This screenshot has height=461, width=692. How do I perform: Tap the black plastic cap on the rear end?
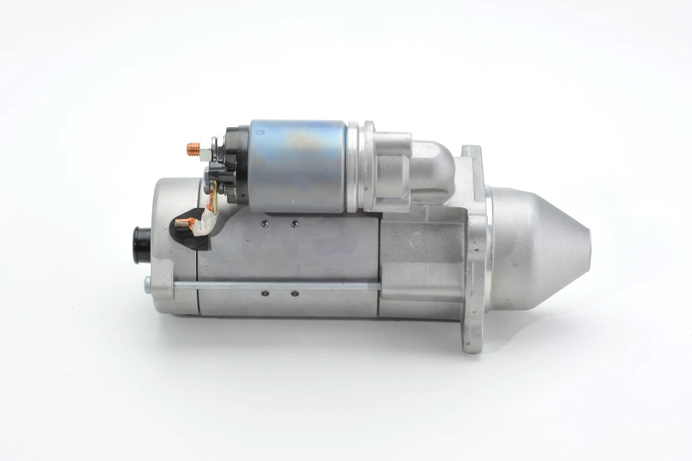click(142, 246)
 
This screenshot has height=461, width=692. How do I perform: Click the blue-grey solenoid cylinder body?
click(297, 164)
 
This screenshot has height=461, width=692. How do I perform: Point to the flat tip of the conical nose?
click(588, 254)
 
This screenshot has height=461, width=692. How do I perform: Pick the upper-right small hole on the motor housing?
click(295, 223)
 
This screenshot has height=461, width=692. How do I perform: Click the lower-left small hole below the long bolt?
click(264, 294)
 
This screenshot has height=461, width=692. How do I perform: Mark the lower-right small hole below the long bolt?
click(295, 294)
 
